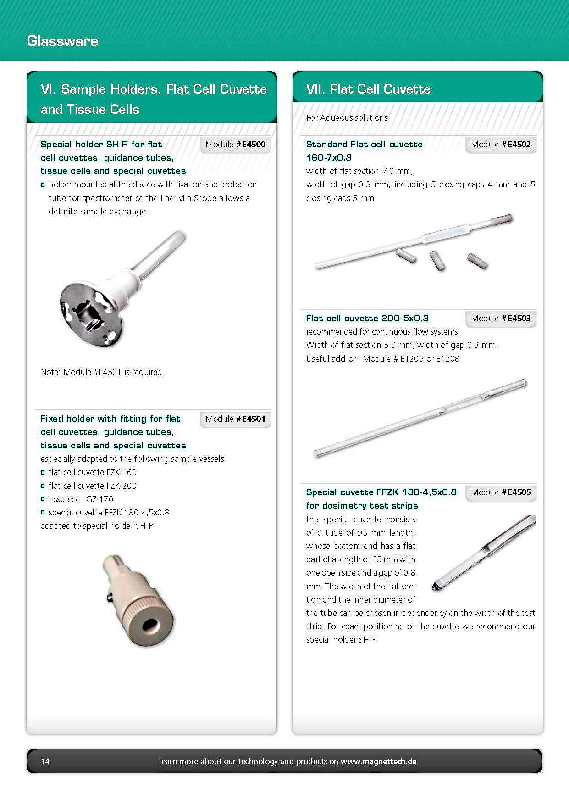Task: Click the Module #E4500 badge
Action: [235, 145]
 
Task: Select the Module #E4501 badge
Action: [235, 419]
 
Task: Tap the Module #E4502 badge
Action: [501, 145]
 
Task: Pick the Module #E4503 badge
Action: [501, 319]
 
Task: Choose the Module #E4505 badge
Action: [501, 492]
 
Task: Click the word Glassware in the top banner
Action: [62, 41]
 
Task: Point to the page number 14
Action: [45, 761]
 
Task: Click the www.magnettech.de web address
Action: [378, 761]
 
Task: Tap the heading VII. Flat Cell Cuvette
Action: [368, 89]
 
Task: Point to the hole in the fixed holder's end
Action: [149, 625]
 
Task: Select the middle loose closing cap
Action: [437, 261]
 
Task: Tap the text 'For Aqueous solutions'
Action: [347, 118]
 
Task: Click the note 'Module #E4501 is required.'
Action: [102, 372]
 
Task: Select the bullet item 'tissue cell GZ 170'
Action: [81, 499]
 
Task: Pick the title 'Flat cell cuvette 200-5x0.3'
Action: [367, 318]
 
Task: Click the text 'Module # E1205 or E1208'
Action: [411, 359]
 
